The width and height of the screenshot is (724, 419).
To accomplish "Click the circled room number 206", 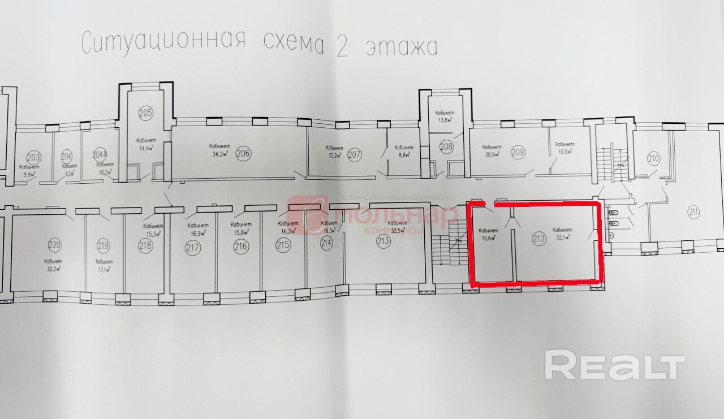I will pos(243,152).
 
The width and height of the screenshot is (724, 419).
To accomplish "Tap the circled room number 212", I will pos(538,239).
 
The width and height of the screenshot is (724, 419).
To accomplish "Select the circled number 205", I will pos(145,113).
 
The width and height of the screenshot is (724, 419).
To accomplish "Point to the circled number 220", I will pos(54,245).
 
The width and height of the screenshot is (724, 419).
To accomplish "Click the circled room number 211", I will pos(693,213).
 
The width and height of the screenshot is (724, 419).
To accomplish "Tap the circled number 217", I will pos(193,247).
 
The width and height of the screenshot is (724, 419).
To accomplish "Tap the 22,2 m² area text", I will pos(334,155).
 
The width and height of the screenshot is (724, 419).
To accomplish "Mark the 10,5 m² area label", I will pos(564,151).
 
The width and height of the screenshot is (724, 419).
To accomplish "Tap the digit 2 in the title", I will pos(342,47).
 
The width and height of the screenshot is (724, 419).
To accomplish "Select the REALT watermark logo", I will pos(615,365).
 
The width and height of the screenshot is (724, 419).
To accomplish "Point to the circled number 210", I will pos(653,159).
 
